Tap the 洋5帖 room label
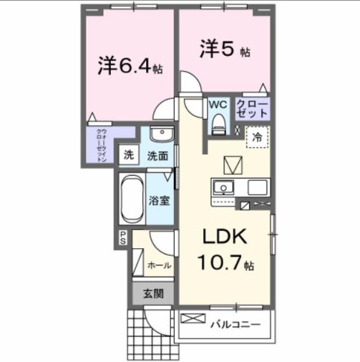[x=224, y=50]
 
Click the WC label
[x=218, y=103]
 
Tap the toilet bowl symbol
[x=218, y=121]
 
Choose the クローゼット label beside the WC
[x=252, y=107]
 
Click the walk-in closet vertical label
[x=101, y=146]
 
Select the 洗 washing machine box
[x=128, y=156]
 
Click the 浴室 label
[x=159, y=202]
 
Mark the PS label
[x=123, y=238]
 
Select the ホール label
[x=158, y=265]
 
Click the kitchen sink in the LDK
[x=224, y=187]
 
